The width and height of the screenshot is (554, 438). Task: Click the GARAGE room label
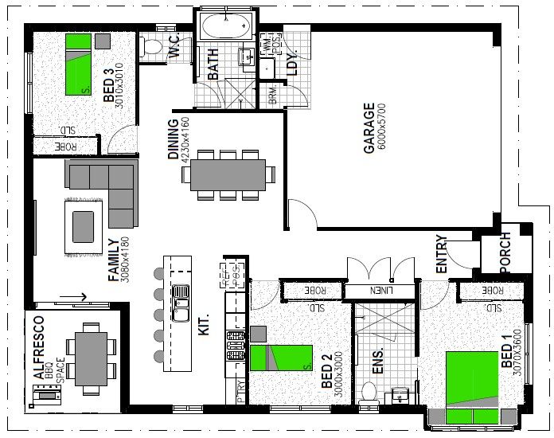tap(369, 127)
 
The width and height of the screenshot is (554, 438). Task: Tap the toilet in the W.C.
tap(150, 48)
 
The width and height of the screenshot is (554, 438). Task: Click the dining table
tap(228, 174)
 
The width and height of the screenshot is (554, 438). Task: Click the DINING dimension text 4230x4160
tap(185, 140)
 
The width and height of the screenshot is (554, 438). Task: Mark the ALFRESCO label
tap(37, 347)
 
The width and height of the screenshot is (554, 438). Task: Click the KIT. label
tap(204, 326)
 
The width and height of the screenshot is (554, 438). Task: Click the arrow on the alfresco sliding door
tap(80, 298)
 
